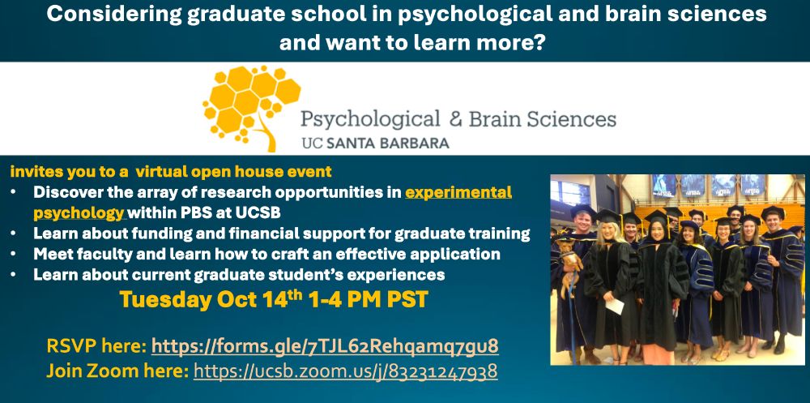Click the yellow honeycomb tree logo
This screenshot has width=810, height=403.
click(252, 108)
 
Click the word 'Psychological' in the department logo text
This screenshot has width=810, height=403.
click(370, 120)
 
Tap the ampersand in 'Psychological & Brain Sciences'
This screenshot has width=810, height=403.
click(456, 119)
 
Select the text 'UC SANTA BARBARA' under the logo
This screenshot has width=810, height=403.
click(376, 144)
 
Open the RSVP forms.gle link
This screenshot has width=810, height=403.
click(325, 345)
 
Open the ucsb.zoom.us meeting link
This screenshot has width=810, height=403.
click(346, 371)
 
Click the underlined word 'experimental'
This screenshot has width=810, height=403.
click(458, 192)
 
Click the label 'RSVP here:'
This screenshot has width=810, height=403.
click(96, 345)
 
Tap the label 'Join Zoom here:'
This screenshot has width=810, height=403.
click(117, 371)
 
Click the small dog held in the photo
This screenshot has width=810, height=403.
click(569, 262)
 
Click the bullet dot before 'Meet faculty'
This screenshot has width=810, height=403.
click(14, 255)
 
